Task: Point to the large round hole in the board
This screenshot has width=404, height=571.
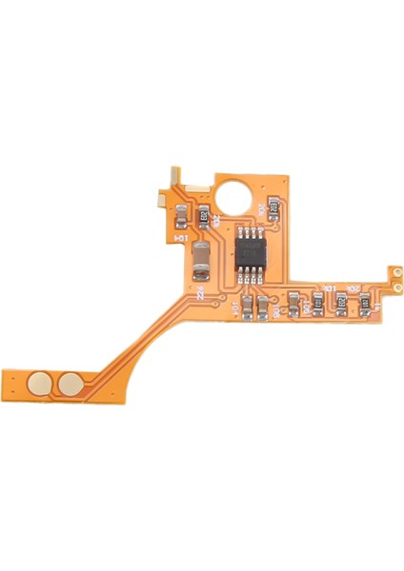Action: (x=236, y=194)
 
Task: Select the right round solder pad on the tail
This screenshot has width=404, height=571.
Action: (x=70, y=384)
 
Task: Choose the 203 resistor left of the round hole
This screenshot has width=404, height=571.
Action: (x=203, y=218)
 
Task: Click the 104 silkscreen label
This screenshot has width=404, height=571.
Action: (x=181, y=240)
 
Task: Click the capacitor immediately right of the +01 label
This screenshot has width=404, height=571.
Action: (x=247, y=306)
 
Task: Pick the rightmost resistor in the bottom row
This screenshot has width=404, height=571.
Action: (x=364, y=304)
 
